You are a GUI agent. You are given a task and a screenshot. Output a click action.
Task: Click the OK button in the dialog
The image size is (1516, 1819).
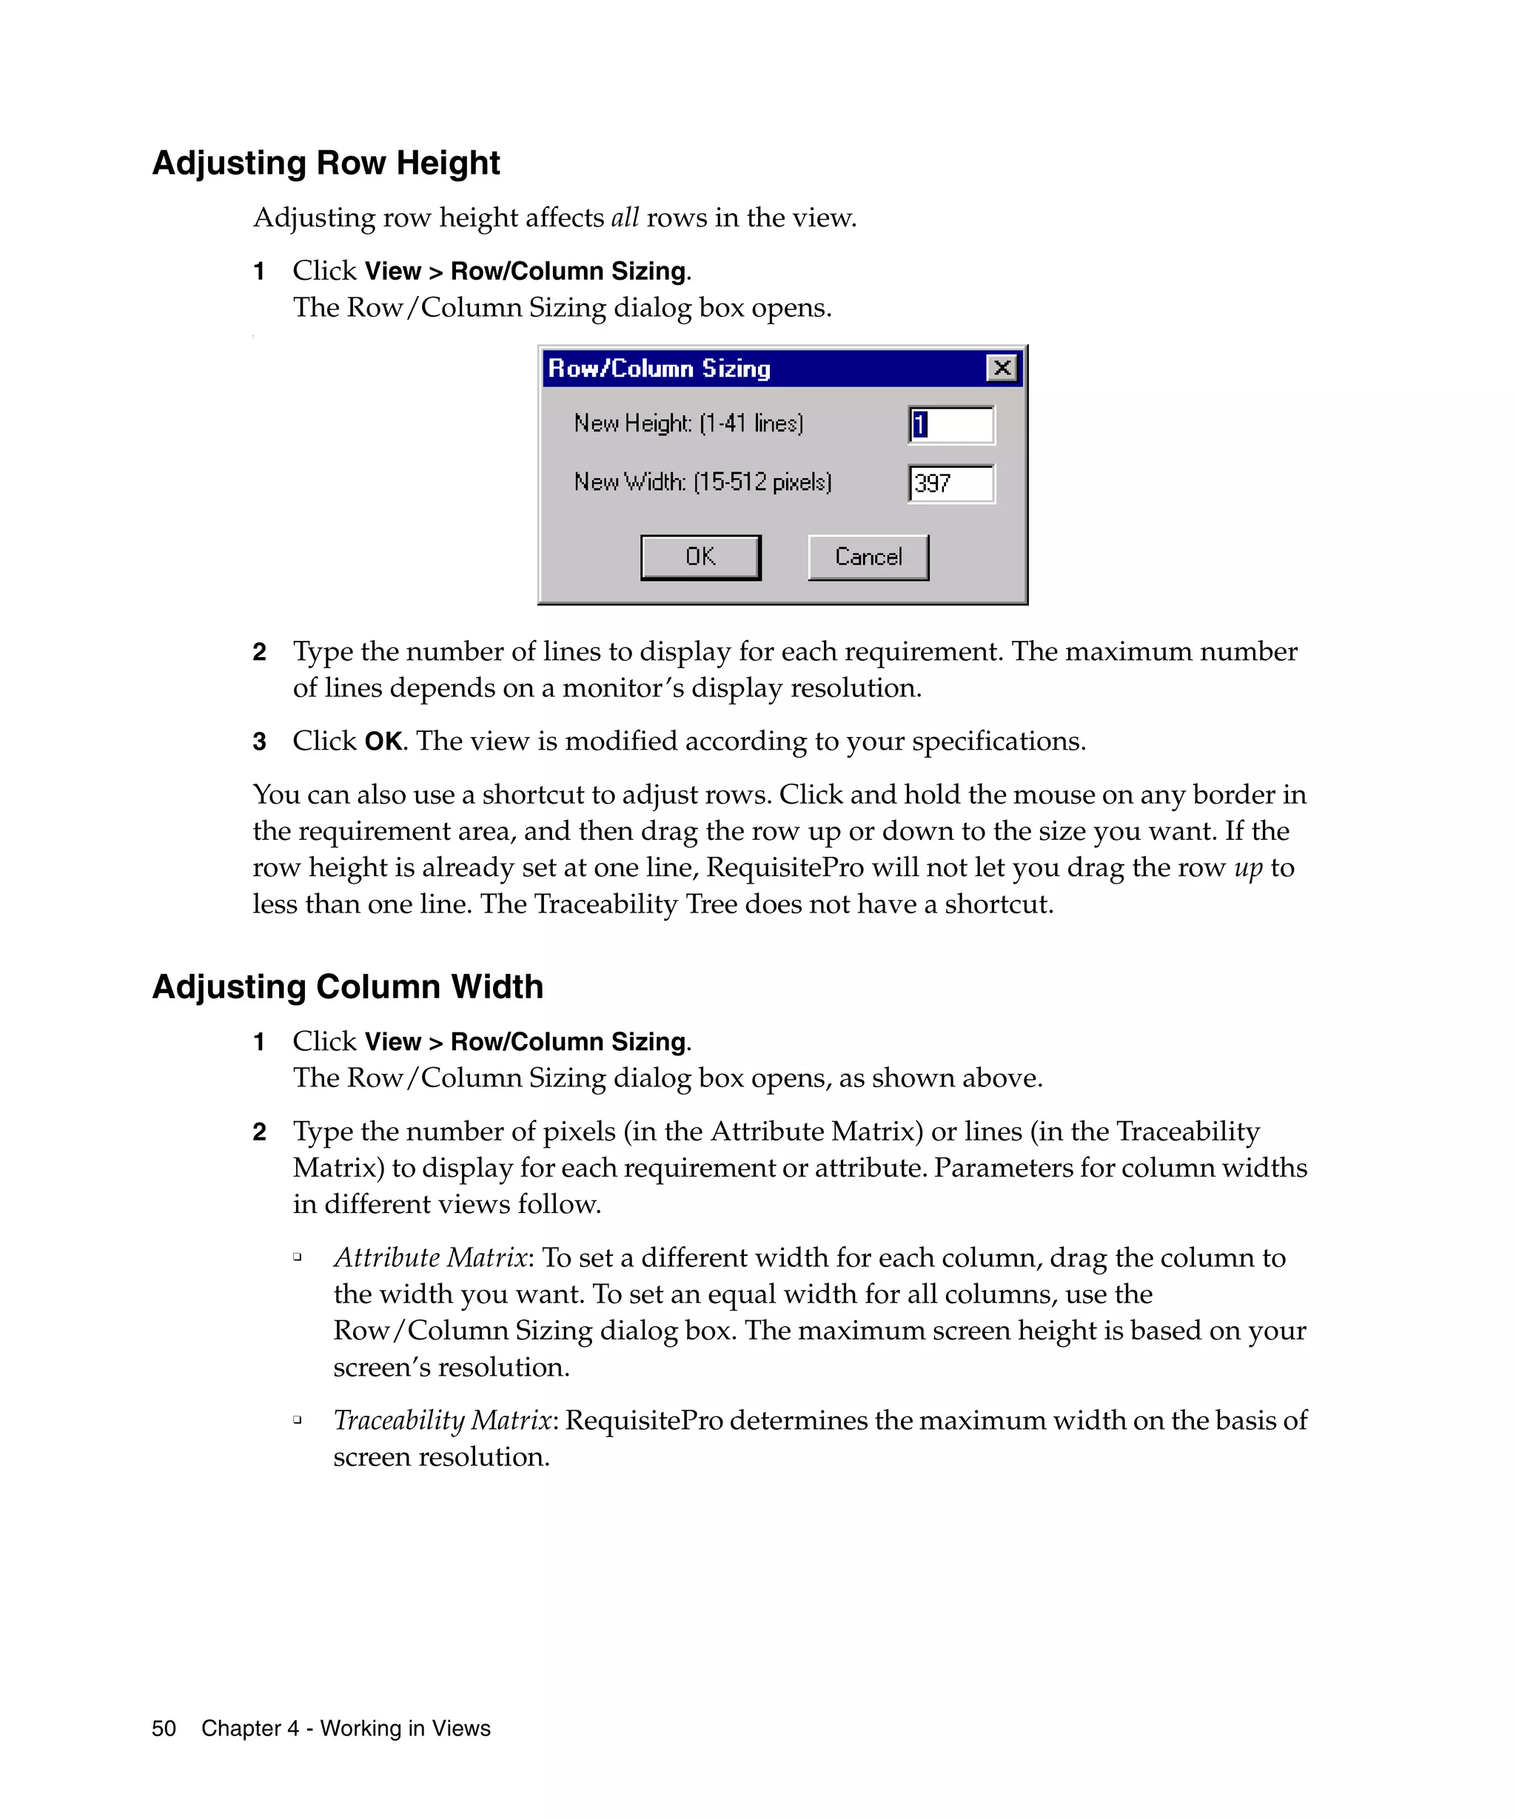700,557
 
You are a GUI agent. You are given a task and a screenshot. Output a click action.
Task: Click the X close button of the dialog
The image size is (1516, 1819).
1002,368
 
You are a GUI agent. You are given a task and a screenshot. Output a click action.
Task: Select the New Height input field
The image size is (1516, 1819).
951,425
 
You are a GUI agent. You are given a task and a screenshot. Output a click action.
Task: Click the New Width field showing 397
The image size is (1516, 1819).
951,483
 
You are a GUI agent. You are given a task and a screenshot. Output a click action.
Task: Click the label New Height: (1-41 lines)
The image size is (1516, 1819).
688,423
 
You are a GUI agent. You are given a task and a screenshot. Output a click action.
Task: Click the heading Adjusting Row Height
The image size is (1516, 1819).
326,163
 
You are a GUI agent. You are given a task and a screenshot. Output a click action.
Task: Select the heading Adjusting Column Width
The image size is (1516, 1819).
347,986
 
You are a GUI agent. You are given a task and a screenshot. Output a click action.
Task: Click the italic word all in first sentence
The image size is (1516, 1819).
625,218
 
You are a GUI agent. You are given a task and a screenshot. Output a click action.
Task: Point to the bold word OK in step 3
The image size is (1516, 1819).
383,742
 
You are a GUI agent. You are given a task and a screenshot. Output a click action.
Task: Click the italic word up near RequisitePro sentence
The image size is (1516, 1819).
1248,867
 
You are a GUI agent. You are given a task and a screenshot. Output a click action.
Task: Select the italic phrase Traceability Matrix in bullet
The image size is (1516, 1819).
443,1421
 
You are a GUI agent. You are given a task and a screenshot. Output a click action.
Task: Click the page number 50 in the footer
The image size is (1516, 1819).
164,1728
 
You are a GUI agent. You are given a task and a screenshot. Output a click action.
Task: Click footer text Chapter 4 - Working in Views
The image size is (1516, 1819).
346,1728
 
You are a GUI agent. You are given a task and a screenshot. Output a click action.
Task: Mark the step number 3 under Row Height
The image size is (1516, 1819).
259,742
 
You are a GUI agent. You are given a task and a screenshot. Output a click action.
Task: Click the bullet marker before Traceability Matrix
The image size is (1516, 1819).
297,1419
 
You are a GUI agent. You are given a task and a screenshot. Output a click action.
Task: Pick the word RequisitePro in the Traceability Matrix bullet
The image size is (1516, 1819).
644,1421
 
